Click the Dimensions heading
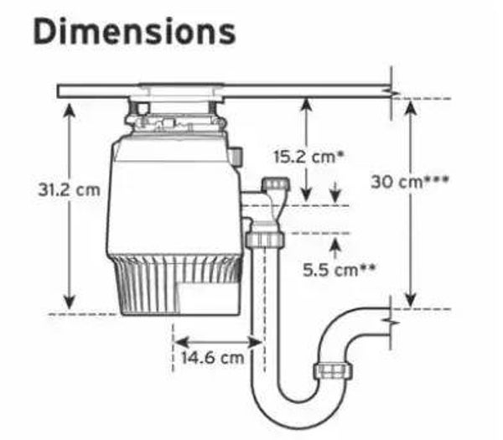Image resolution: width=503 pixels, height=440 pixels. (134, 32)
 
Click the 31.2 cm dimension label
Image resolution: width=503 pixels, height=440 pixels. (69, 190)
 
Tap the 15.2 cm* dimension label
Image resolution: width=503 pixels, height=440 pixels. (309, 157)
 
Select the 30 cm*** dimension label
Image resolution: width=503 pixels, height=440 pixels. (410, 182)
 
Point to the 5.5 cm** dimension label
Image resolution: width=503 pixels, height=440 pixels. (339, 270)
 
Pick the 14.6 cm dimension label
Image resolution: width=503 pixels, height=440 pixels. (213, 357)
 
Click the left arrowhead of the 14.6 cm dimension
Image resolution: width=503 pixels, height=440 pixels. (180, 343)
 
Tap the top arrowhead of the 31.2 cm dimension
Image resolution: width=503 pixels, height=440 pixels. (70, 111)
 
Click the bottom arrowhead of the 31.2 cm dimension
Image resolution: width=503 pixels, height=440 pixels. (70, 303)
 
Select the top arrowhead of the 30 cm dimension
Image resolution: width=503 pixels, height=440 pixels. (411, 107)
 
